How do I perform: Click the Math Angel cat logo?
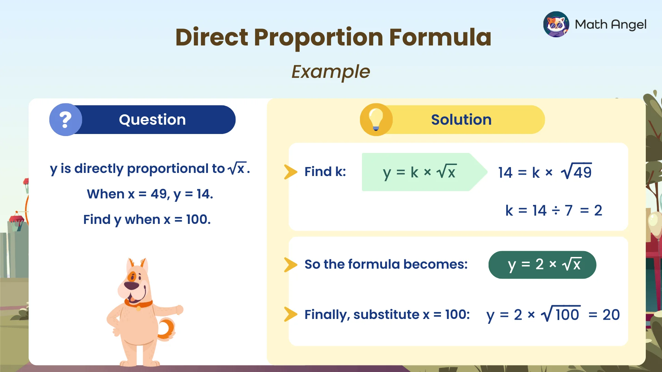pos(556,24)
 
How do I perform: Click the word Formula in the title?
pos(440,37)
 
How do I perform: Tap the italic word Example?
pos(331,72)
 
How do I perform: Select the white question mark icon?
pos(66,120)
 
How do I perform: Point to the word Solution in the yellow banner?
pos(461,120)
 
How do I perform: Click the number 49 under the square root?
pos(582,172)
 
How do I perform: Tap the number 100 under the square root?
pos(567,315)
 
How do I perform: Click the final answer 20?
pos(611,315)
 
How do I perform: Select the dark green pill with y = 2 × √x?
pos(542,265)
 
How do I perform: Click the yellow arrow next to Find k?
pos(290,172)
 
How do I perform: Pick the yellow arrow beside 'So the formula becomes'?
pos(290,265)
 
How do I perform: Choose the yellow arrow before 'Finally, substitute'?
pos(290,314)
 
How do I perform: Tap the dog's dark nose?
pos(131,286)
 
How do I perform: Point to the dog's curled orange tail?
pos(167,329)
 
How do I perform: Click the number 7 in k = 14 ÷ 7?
pos(569,210)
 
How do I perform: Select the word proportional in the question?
pos(175,169)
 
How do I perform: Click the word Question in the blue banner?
pos(152,120)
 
